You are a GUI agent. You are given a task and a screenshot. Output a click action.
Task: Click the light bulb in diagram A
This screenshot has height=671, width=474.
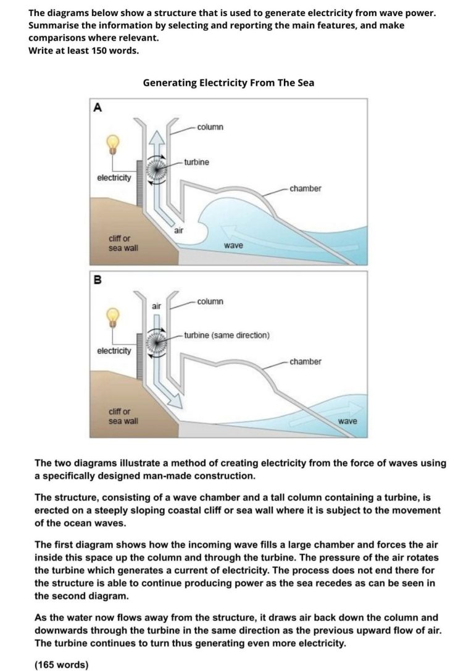(x=112, y=143)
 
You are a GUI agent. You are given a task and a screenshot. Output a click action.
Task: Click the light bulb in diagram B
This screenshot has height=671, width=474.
(x=112, y=316)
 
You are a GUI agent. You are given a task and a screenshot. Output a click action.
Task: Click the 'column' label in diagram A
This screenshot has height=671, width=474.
(x=210, y=127)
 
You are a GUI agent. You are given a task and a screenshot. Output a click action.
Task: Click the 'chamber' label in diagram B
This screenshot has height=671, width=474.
(x=306, y=361)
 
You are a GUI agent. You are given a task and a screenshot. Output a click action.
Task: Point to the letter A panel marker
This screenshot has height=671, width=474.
(x=97, y=107)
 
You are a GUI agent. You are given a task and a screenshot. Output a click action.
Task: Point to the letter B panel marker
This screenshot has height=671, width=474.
(x=97, y=280)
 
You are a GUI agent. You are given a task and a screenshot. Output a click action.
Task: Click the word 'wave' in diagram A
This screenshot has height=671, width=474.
(x=233, y=245)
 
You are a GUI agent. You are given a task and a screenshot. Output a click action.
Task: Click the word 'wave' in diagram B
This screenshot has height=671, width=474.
(x=348, y=421)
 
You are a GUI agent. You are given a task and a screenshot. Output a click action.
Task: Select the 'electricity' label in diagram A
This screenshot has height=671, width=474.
(x=114, y=178)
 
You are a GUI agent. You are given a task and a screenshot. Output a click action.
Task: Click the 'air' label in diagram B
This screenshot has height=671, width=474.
(x=157, y=305)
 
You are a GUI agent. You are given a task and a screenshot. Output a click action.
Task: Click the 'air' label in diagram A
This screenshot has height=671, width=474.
(x=179, y=230)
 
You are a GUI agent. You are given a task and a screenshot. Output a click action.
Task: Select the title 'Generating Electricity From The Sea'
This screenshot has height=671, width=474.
(x=228, y=82)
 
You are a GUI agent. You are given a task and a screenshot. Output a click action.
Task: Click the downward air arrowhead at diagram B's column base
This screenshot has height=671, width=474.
(x=177, y=402)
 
